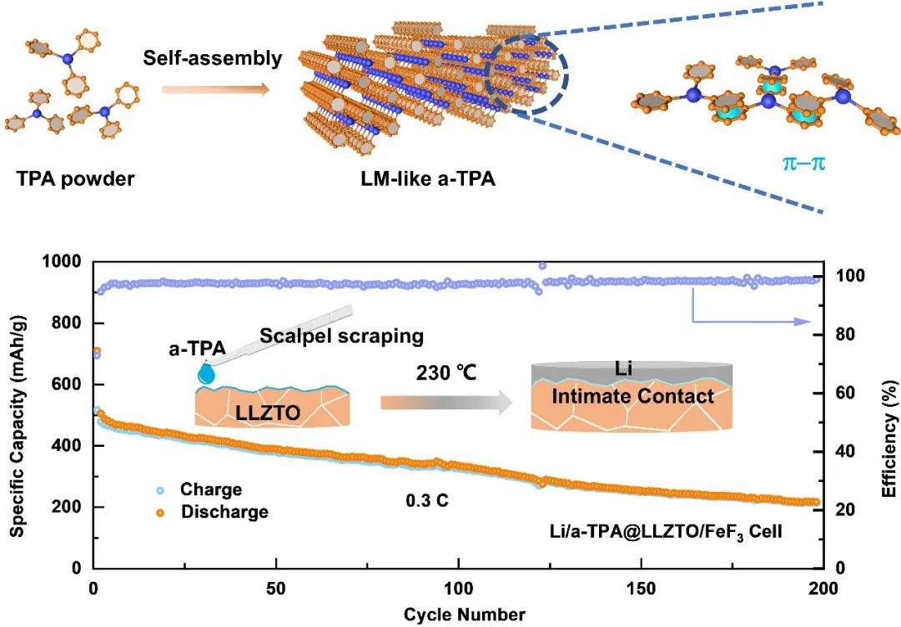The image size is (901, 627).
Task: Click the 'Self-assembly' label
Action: pyautogui.click(x=213, y=59)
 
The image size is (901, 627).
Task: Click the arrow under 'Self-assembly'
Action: pyautogui.click(x=215, y=88)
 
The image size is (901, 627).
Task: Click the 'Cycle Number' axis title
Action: pyautogui.click(x=465, y=615)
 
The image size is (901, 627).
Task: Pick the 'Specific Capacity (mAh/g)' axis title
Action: pyautogui.click(x=18, y=413)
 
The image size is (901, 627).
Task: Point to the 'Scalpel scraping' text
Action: pyautogui.click(x=341, y=336)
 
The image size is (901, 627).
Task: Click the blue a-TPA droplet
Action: pyautogui.click(x=204, y=374)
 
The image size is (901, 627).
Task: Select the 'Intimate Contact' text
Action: pyautogui.click(x=633, y=396)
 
